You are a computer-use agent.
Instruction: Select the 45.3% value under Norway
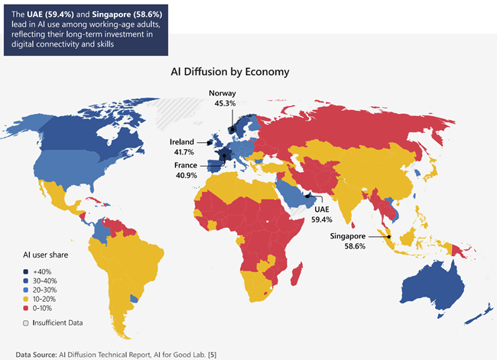point(225,105)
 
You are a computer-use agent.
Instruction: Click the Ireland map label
point(183,142)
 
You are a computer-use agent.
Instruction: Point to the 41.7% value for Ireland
point(183,153)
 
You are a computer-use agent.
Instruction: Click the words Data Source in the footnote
point(35,355)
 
